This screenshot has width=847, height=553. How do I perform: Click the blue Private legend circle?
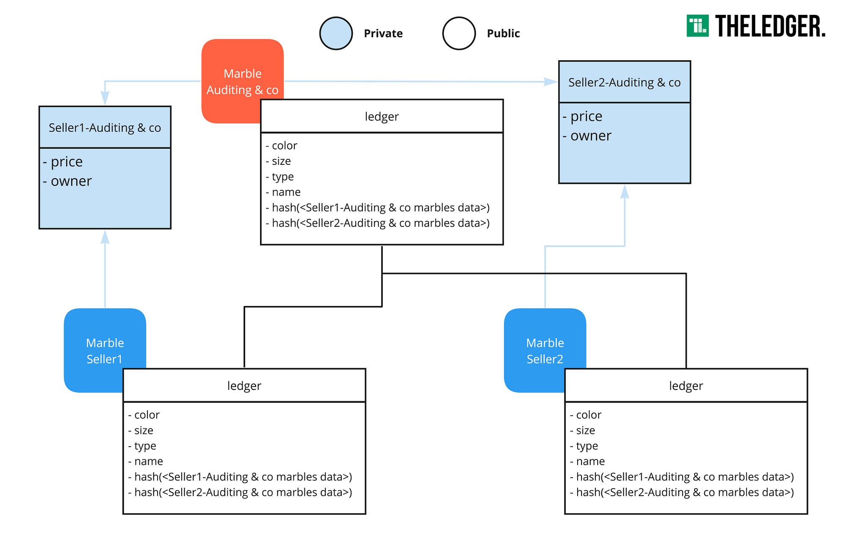[x=336, y=33]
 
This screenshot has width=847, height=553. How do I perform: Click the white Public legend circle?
[x=459, y=33]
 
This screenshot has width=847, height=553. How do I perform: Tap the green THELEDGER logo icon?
[x=698, y=26]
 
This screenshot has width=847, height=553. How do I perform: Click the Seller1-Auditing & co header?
[x=105, y=128]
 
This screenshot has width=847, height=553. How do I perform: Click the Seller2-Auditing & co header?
[x=625, y=82]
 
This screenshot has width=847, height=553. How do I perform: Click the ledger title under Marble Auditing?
[x=382, y=117]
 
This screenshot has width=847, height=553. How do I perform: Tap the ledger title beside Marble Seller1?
[x=244, y=386]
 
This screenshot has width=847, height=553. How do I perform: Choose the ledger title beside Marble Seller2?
[x=686, y=386]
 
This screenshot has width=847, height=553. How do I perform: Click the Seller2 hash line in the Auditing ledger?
[x=378, y=223]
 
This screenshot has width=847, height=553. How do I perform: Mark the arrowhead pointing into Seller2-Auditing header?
[x=551, y=82]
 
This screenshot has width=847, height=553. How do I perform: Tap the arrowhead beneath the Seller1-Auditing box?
[x=105, y=237]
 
